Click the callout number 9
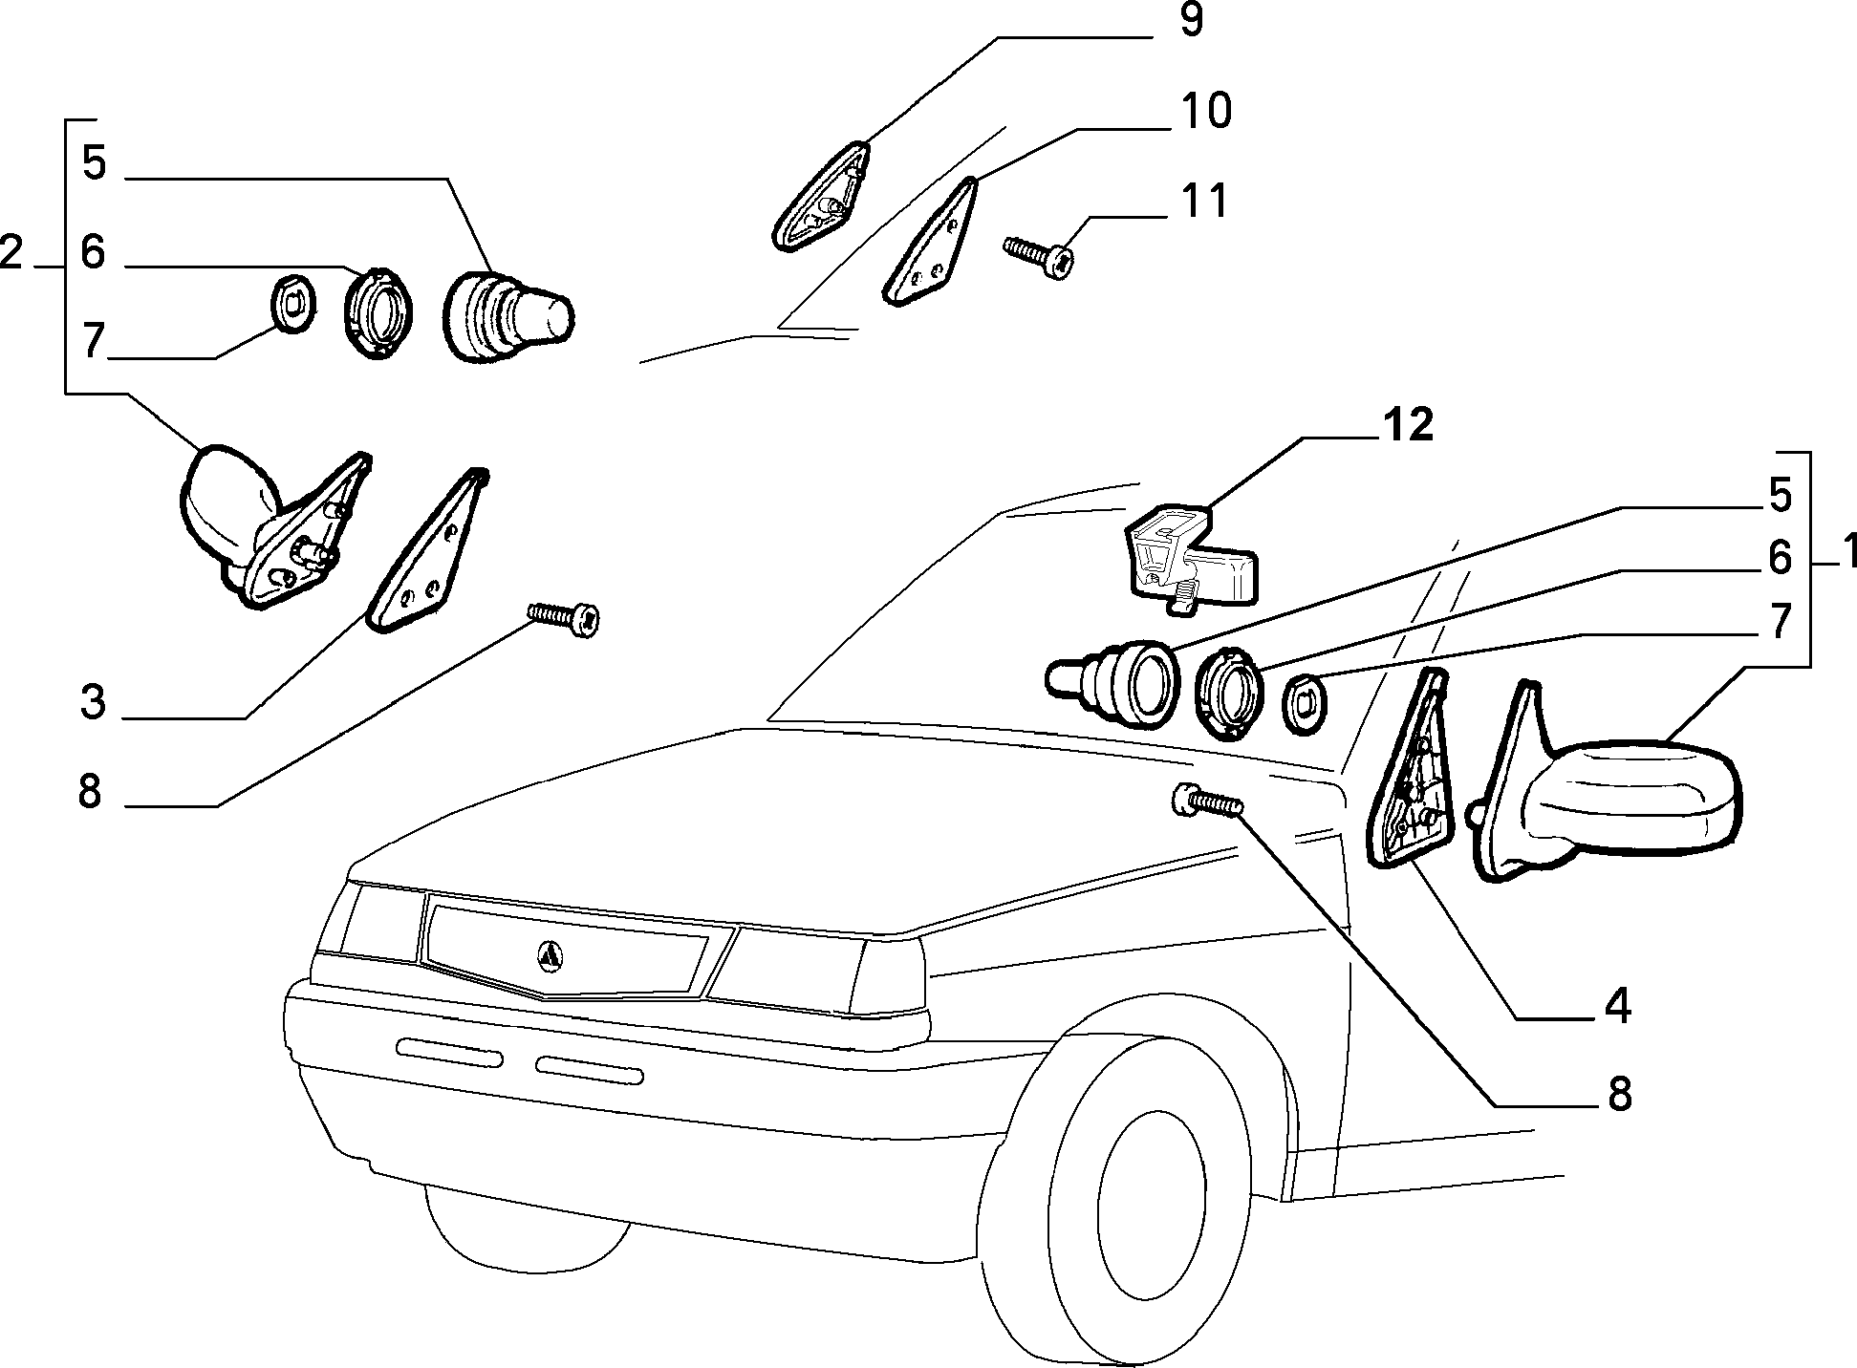click(1190, 20)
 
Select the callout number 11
click(1203, 202)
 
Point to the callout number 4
click(1618, 1008)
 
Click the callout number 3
click(92, 703)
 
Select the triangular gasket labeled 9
click(821, 198)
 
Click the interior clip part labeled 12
click(1192, 558)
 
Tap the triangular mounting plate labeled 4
click(1410, 770)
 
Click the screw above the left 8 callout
click(564, 618)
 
